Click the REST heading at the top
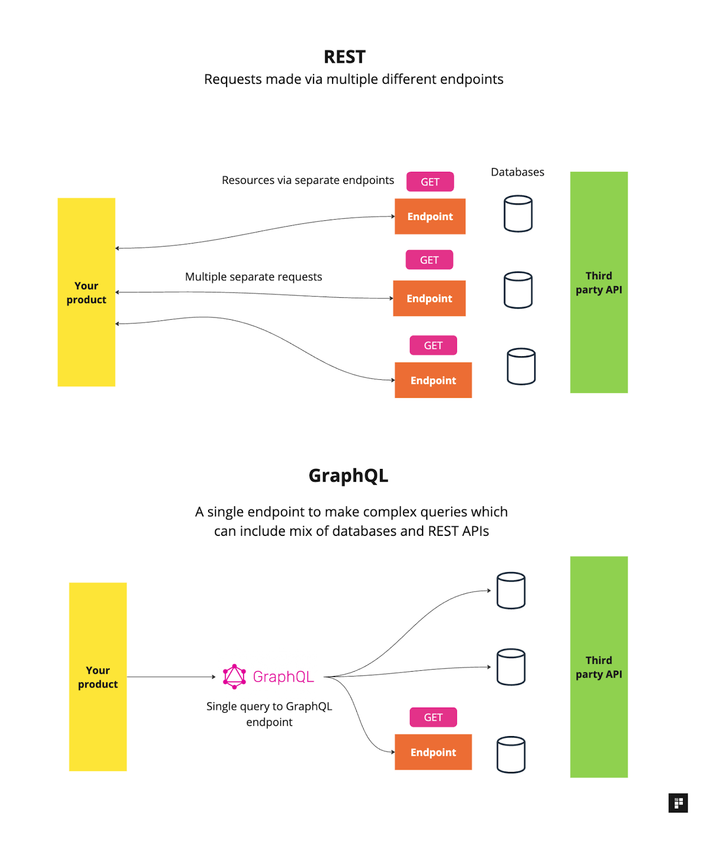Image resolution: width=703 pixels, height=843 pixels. (x=344, y=57)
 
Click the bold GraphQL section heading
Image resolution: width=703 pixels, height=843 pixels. (x=348, y=476)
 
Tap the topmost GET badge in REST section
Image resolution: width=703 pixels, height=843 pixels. (x=429, y=182)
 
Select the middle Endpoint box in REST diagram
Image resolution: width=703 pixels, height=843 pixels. (x=429, y=299)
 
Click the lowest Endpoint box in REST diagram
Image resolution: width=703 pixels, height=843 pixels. (x=433, y=380)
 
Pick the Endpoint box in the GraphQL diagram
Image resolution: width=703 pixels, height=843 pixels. (x=433, y=752)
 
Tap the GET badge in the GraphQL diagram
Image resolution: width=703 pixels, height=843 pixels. (x=433, y=718)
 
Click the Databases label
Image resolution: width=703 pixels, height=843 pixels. (x=517, y=172)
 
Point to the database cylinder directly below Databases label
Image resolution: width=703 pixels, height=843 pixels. (x=518, y=214)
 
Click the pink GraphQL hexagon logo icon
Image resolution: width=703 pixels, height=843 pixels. (x=235, y=677)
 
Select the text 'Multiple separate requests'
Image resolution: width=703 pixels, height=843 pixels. (x=253, y=277)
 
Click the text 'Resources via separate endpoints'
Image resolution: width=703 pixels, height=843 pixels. (x=308, y=180)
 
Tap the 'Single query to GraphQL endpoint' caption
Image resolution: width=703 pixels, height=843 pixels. (x=269, y=714)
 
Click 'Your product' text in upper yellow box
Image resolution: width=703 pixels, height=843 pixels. (x=86, y=293)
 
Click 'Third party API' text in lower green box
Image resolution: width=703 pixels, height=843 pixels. (x=599, y=667)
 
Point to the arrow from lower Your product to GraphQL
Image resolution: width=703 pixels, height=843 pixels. (x=171, y=677)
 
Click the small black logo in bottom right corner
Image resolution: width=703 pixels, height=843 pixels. (x=678, y=803)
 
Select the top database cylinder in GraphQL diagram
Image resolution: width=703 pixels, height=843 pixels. (x=511, y=591)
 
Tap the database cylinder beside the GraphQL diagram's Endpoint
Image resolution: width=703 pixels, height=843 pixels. (x=511, y=755)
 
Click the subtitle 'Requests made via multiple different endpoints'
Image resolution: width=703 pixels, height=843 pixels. (x=354, y=80)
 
